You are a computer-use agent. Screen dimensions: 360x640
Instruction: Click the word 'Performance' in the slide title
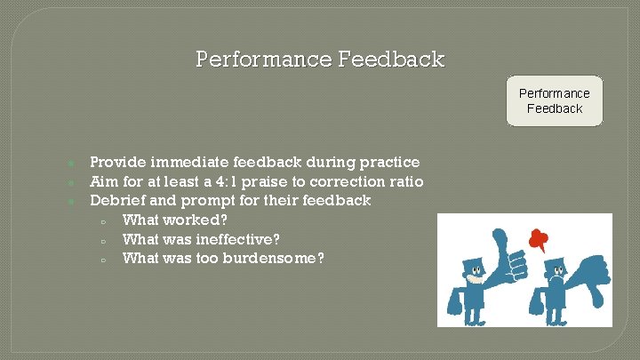[263, 60]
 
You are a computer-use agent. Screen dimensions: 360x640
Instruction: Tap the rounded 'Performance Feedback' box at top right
[554, 100]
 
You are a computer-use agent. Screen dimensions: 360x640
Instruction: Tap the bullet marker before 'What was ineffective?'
[103, 240]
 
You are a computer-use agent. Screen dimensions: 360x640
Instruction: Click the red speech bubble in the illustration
[536, 237]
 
